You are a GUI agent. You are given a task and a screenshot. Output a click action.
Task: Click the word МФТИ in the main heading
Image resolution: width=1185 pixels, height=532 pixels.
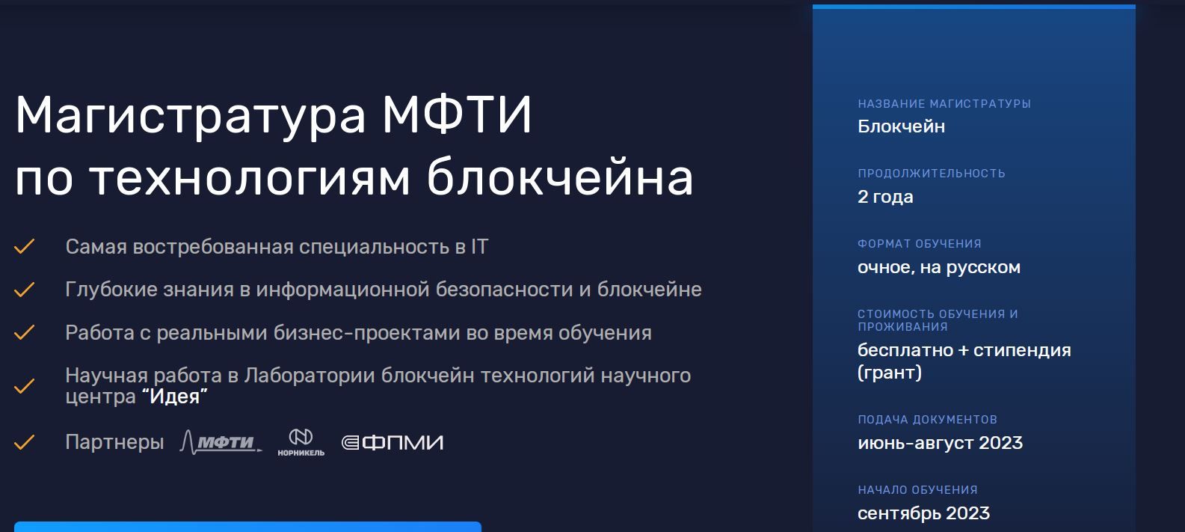[457, 114]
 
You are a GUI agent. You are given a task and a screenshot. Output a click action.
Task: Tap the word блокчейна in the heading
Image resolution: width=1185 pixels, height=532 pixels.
[560, 176]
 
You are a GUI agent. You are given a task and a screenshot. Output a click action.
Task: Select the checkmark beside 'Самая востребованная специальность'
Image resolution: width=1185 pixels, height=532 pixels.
[25, 247]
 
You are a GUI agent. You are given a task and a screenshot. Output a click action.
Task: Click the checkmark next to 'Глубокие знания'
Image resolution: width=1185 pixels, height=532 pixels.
[25, 290]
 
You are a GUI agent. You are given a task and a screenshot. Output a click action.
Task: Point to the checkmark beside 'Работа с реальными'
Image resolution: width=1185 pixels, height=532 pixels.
[25, 332]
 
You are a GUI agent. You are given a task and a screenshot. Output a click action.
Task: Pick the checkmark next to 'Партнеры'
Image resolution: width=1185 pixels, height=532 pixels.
[25, 442]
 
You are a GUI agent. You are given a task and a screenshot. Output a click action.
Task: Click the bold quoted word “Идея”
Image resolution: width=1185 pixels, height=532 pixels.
[175, 397]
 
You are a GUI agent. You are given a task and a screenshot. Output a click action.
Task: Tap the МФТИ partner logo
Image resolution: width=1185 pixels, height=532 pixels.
[221, 442]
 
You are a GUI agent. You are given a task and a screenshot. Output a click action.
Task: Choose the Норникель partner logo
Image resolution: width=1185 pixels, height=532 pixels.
[301, 442]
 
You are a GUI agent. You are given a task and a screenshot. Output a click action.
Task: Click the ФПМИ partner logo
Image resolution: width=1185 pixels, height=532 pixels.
[393, 442]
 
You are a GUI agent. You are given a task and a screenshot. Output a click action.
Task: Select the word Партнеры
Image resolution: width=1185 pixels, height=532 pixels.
[115, 442]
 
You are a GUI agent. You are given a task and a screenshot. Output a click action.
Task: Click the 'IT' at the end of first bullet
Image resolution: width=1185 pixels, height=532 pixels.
[479, 247]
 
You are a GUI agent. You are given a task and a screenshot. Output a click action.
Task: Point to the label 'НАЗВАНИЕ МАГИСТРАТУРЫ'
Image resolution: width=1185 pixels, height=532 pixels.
[944, 104]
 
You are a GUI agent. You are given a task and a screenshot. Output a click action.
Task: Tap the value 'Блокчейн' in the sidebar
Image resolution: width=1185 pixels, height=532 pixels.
[901, 126]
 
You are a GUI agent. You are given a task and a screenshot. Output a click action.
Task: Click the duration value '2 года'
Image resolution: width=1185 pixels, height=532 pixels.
[885, 197]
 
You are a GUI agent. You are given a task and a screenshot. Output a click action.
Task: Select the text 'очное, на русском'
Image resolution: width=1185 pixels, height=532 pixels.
[939, 267]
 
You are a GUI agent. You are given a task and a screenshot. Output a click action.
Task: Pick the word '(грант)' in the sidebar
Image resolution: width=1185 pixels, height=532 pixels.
[889, 373]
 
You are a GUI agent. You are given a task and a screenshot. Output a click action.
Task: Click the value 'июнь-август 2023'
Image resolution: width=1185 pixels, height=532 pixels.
[940, 443]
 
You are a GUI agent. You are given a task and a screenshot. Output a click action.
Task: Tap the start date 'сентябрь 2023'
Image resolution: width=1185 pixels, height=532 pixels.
[923, 513]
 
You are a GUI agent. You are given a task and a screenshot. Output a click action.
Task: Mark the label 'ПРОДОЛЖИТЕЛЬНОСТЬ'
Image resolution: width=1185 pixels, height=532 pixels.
[931, 174]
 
